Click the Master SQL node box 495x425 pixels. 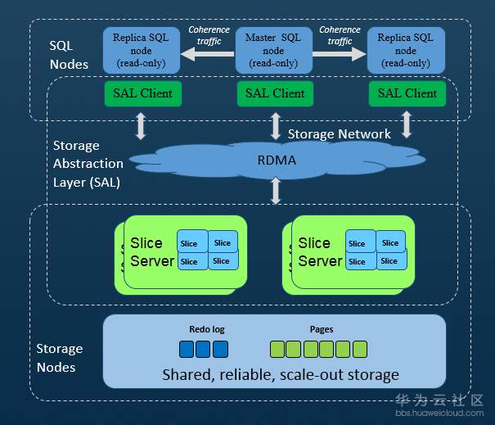tap(273, 50)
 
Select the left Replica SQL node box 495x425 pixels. tap(142, 50)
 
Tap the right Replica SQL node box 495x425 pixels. tap(406, 50)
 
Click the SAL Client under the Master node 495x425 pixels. tap(275, 93)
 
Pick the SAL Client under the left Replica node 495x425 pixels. tap(142, 93)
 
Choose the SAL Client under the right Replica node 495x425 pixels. tap(407, 93)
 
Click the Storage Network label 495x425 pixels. tap(339, 133)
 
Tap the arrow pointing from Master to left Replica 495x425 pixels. tap(208, 54)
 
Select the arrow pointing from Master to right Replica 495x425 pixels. tap(340, 54)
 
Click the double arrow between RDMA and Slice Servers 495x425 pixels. tap(276, 190)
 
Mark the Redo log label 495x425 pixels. tap(206, 329)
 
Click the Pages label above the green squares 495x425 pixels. tap(321, 329)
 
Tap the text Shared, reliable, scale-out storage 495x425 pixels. tap(281, 374)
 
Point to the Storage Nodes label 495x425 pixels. tap(59, 358)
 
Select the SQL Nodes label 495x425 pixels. tap(69, 55)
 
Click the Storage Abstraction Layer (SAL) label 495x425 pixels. tap(86, 164)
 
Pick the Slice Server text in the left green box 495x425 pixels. tap(152, 252)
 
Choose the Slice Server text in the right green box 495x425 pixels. tap(319, 252)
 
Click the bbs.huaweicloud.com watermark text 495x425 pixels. tap(441, 414)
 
